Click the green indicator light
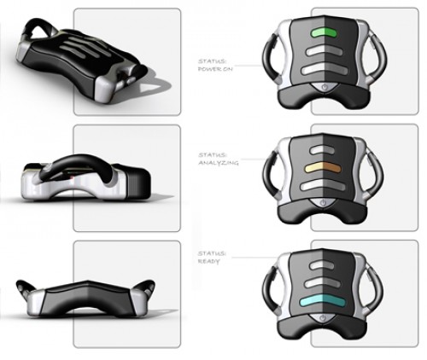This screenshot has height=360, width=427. pyautogui.click(x=324, y=33)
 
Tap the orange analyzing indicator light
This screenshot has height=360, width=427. pyautogui.click(x=323, y=167)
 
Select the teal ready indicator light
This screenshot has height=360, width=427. pyautogui.click(x=323, y=301)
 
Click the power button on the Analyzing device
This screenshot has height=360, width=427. pyautogui.click(x=323, y=203)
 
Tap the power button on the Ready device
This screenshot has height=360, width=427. pyautogui.click(x=323, y=318)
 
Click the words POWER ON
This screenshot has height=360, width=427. pyautogui.click(x=215, y=69)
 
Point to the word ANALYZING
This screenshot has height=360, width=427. pyautogui.click(x=218, y=163)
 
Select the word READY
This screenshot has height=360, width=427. pyautogui.click(x=209, y=261)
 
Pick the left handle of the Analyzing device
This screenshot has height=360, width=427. pyautogui.click(x=269, y=173)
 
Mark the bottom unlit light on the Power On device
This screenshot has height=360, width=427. pyautogui.click(x=325, y=70)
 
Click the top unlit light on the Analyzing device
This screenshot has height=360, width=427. pyautogui.click(x=323, y=149)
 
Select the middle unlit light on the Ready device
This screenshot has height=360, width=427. pyautogui.click(x=323, y=283)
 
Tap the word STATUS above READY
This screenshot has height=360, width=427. pyautogui.click(x=212, y=253)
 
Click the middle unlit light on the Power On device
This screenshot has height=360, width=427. pyautogui.click(x=324, y=51)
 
